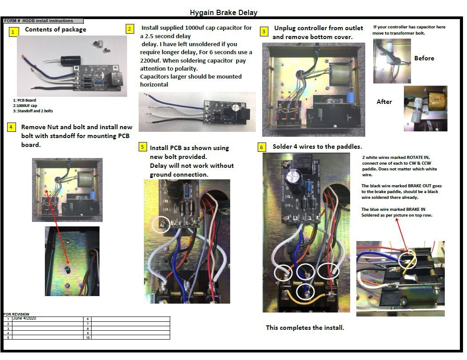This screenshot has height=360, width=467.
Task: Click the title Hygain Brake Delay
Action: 224,12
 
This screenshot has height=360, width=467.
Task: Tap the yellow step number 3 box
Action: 264,32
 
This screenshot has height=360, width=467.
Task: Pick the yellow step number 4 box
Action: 12,127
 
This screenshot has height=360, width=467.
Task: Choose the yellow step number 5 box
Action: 142,147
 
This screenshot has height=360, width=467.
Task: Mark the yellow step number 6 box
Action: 262,147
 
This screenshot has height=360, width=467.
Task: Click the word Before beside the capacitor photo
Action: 424,58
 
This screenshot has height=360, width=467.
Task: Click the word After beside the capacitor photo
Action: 384,102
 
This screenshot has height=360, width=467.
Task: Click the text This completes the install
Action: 305,328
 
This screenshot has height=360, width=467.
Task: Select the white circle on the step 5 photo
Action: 160,224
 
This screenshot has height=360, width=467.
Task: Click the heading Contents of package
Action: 55,30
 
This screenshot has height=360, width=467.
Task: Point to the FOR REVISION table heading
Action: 16,314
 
